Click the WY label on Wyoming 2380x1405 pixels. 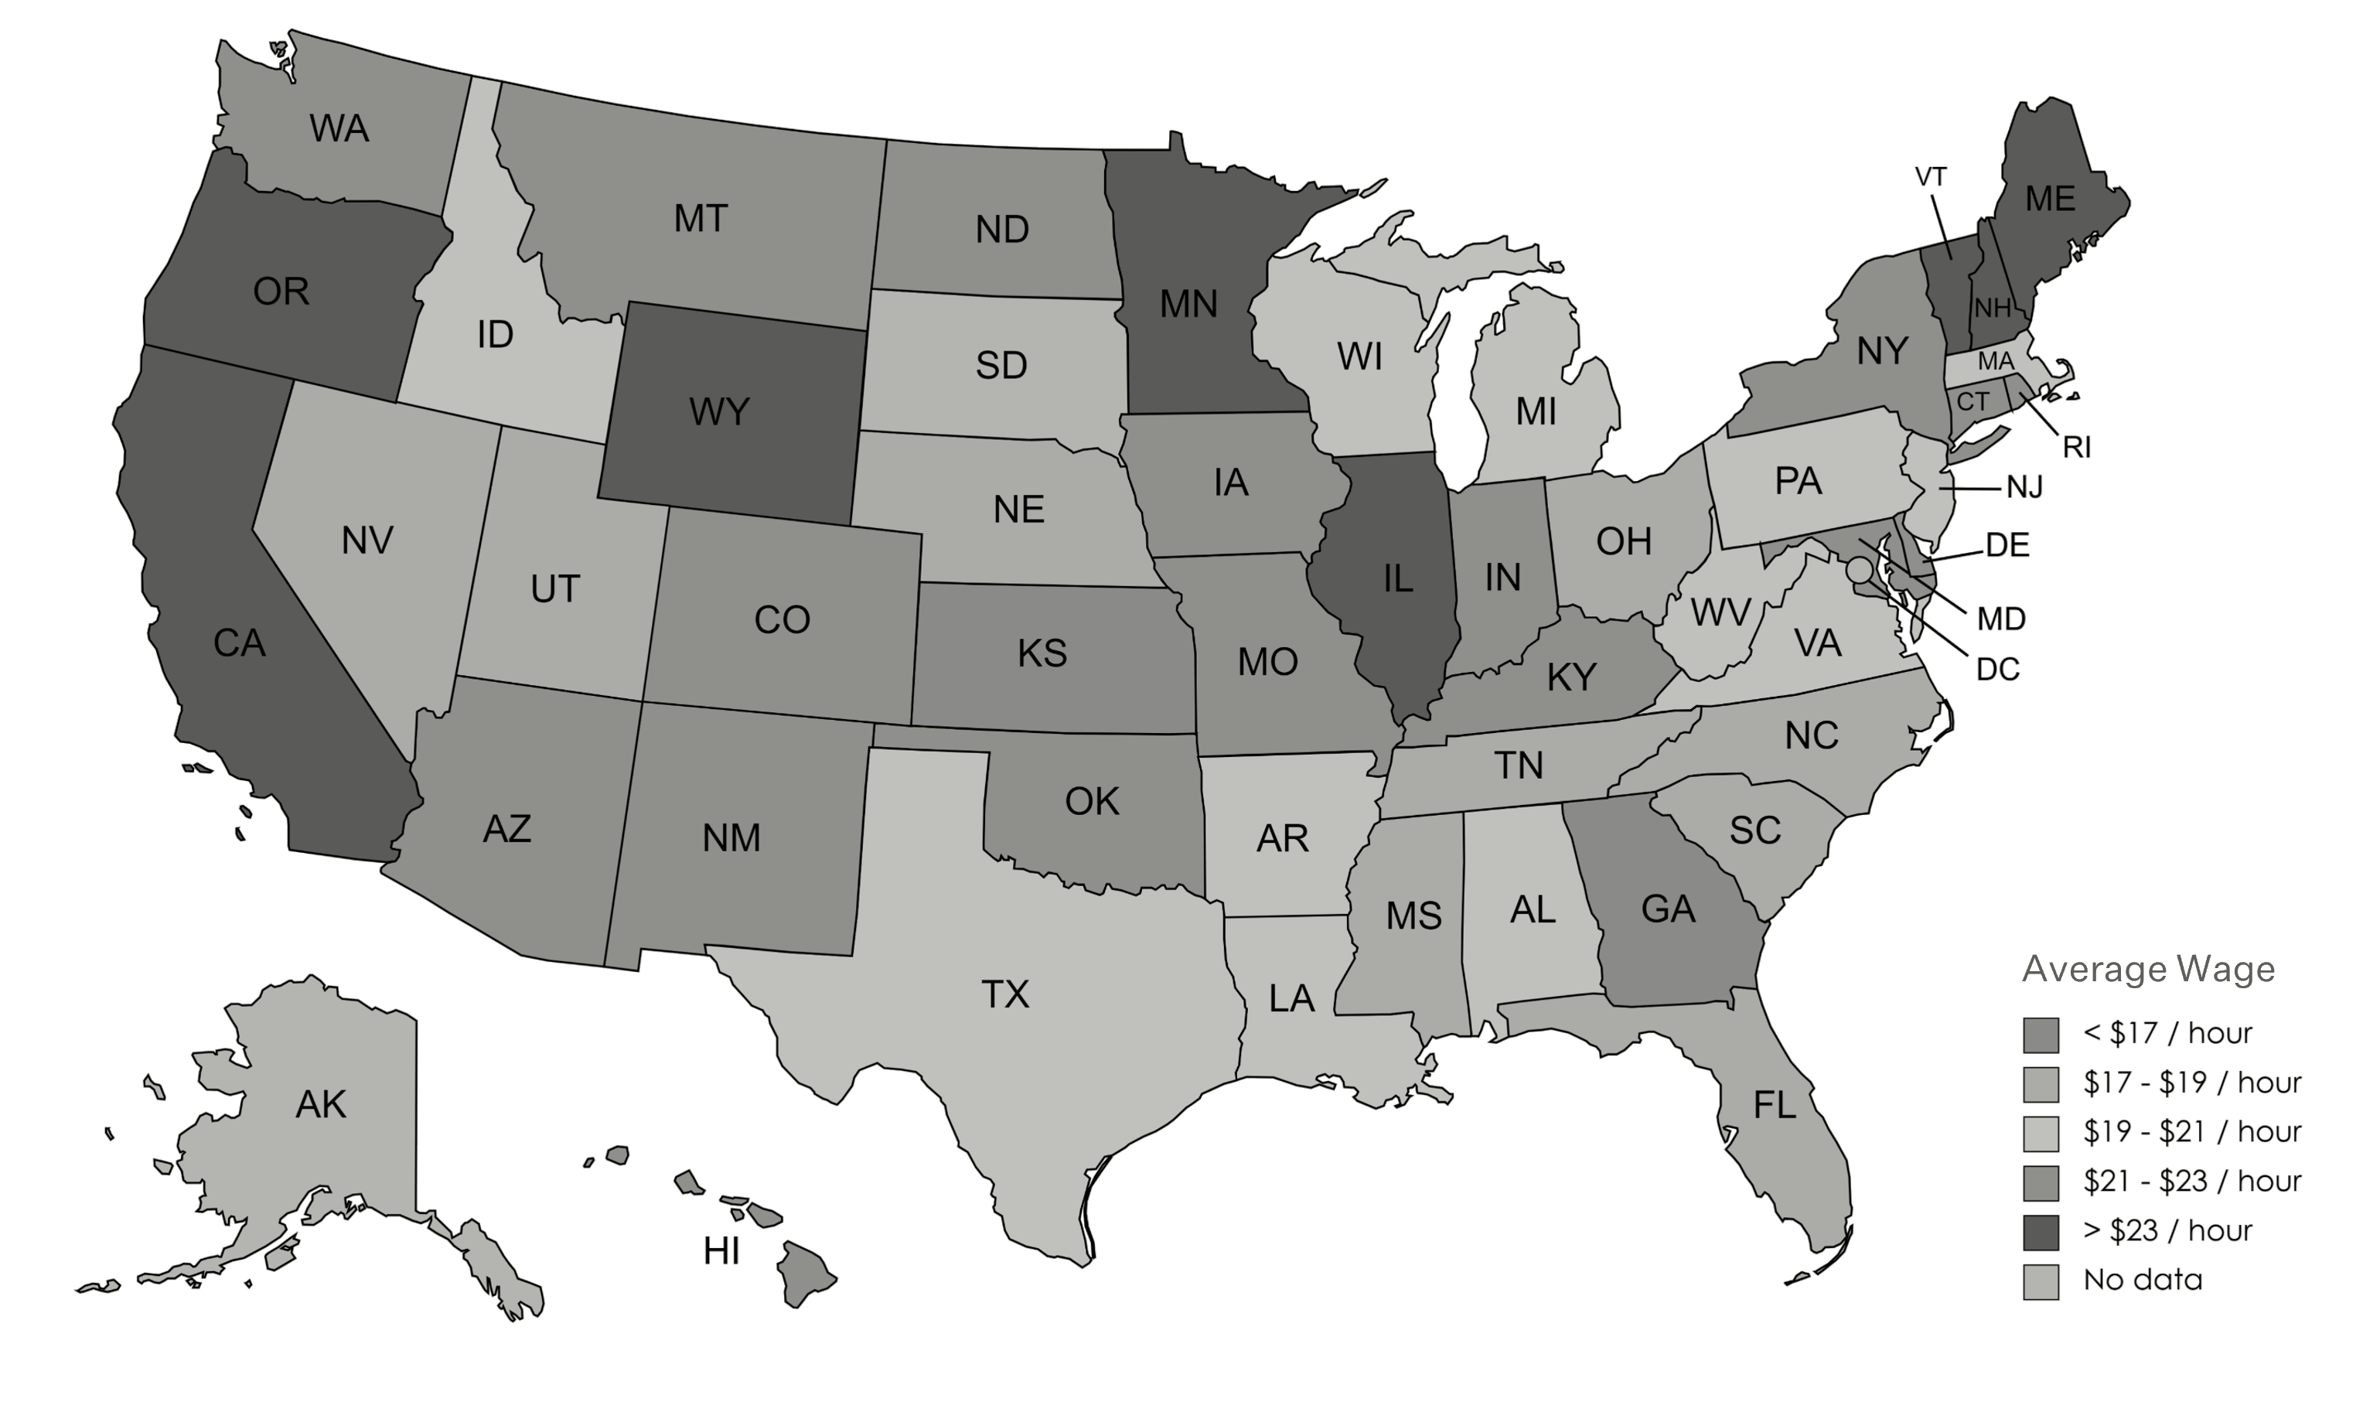point(720,412)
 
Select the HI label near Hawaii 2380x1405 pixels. point(721,1253)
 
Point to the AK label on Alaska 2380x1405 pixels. point(321,1104)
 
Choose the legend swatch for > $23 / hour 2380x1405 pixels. point(2041,1232)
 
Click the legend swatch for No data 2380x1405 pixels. point(2041,1282)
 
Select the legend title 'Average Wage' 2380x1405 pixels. point(2148,969)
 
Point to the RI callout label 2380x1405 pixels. point(2076,448)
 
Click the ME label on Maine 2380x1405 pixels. point(2051,199)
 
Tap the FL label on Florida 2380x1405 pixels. point(1774,1105)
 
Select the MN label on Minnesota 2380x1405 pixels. point(1188,305)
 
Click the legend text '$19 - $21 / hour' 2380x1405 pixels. point(2191,1132)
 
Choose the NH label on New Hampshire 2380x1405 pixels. point(1993,308)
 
